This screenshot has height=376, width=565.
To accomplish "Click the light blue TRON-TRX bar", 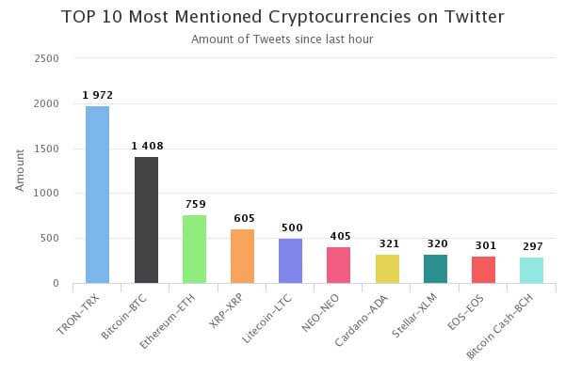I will tap(97, 195).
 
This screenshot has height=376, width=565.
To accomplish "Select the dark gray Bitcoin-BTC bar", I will tap(146, 220).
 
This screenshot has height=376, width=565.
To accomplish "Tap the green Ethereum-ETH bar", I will tap(194, 249).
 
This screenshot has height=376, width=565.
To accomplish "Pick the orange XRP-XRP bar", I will tap(242, 256).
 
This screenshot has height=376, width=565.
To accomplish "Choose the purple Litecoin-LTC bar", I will tap(290, 260).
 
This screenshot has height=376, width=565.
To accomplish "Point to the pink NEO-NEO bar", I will tap(339, 265).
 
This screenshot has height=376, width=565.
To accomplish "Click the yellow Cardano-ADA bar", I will tap(387, 269).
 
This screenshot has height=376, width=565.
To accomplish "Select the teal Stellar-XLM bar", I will tap(435, 269).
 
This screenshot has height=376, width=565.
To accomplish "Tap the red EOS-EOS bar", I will tap(483, 270).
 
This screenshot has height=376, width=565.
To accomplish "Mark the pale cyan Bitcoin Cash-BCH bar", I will tap(531, 270).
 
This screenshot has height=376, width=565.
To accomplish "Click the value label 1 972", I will tap(97, 94).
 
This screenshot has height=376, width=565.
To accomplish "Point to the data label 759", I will tap(194, 204).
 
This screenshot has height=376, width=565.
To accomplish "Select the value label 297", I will tap(531, 245).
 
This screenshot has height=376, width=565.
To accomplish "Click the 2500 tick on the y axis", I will tap(47, 58).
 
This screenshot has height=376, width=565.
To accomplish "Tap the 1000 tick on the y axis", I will tap(47, 193).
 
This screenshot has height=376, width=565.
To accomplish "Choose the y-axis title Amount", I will tap(21, 169).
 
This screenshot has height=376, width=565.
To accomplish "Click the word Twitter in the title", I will tap(473, 17).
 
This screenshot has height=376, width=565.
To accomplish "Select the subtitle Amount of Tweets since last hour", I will tap(282, 39).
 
